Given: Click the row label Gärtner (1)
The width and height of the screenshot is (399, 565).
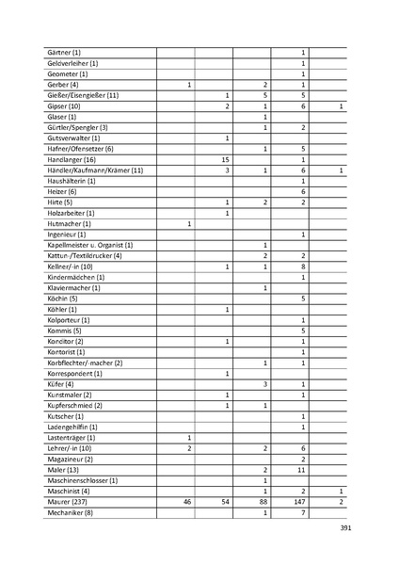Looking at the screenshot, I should coord(64,52).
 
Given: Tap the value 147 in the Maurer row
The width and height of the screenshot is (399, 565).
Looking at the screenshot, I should coord(302,503).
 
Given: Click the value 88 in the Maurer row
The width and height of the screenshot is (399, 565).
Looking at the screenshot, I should coord(264,503).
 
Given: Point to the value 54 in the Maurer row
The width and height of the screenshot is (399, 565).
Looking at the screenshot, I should coord(226,503).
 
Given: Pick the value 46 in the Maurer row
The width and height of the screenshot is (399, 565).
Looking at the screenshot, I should coord(187,503).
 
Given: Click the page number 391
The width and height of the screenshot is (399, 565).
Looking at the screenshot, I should coord(344,529).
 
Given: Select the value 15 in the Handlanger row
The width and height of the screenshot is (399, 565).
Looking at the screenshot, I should coord(227,160).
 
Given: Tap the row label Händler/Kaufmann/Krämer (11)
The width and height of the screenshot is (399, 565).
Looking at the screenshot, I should coord(95,170).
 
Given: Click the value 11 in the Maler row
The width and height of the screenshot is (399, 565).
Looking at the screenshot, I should coord(302,469).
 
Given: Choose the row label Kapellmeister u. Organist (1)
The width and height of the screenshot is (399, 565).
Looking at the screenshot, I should coord(90,245).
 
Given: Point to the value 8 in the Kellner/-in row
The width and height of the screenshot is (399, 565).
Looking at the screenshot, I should coord(302,266).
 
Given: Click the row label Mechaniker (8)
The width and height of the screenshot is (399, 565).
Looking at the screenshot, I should coord(72,513).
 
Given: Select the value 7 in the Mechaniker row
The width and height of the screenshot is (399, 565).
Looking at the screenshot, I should coord(302,513).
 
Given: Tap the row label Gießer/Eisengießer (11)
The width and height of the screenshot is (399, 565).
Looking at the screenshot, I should coord(82,95).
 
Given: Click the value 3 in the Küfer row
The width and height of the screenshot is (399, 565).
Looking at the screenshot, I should coord(265,384).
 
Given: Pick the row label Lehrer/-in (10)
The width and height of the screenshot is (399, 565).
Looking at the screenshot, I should coord(69,448).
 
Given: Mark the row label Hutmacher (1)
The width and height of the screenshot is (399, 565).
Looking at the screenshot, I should coord(70,223).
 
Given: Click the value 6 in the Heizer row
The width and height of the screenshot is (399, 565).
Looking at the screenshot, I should coord(302,191).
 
